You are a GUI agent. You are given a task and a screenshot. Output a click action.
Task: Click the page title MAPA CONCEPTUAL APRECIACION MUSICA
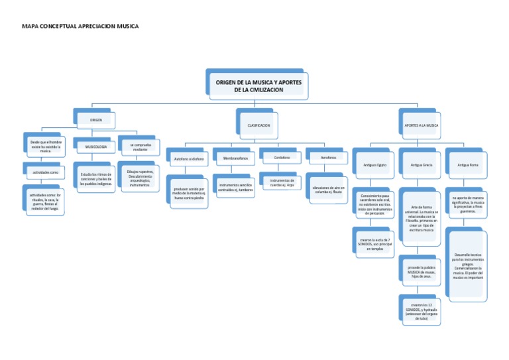click(81, 26)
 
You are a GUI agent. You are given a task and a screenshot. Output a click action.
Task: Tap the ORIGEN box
click(96, 120)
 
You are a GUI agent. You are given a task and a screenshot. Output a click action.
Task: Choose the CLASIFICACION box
click(258, 124)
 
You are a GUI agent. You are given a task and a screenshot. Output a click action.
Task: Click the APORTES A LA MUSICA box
click(421, 124)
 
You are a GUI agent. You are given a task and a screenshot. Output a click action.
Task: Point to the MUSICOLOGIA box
click(96, 147)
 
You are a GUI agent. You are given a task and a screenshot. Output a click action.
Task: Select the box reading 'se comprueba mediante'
click(140, 147)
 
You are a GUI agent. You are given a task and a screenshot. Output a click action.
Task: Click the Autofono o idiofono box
click(190, 159)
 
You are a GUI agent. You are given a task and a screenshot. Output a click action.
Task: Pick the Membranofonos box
click(235, 158)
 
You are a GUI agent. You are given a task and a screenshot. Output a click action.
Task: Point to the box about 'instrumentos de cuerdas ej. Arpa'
click(282, 182)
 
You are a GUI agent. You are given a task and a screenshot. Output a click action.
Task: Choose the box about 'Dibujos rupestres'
click(140, 178)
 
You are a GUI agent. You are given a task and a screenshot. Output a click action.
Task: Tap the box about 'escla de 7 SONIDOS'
click(375, 243)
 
